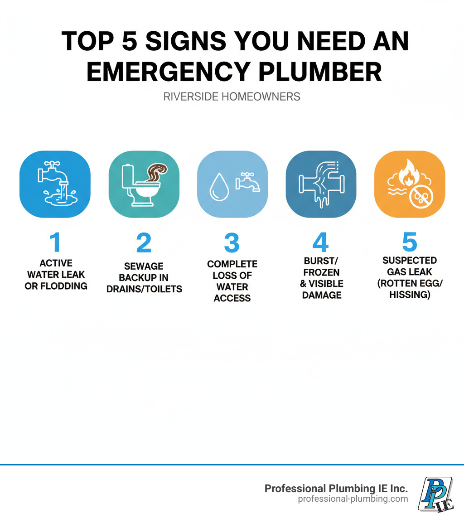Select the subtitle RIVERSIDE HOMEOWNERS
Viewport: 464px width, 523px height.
coord(232,97)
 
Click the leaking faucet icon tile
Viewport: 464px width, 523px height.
coord(55,184)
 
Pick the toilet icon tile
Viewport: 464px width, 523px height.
coord(144,184)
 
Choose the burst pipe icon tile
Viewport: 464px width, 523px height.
coord(321,184)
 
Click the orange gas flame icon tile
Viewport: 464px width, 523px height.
coord(410,184)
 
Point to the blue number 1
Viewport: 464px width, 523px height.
coord(55,243)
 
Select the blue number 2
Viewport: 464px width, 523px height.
coord(144,243)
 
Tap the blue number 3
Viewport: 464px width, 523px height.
coord(232,243)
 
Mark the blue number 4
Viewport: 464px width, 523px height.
coord(320,243)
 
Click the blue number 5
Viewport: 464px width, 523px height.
coord(409,243)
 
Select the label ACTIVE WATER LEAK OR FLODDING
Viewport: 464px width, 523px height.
coord(56,275)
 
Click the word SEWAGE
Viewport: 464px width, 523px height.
coord(144,266)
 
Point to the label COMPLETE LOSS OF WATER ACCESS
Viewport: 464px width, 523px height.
coord(232,281)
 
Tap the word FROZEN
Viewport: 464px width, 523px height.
coord(322,272)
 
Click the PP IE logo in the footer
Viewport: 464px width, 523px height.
coord(435,494)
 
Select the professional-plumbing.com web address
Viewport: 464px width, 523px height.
coord(353,499)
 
